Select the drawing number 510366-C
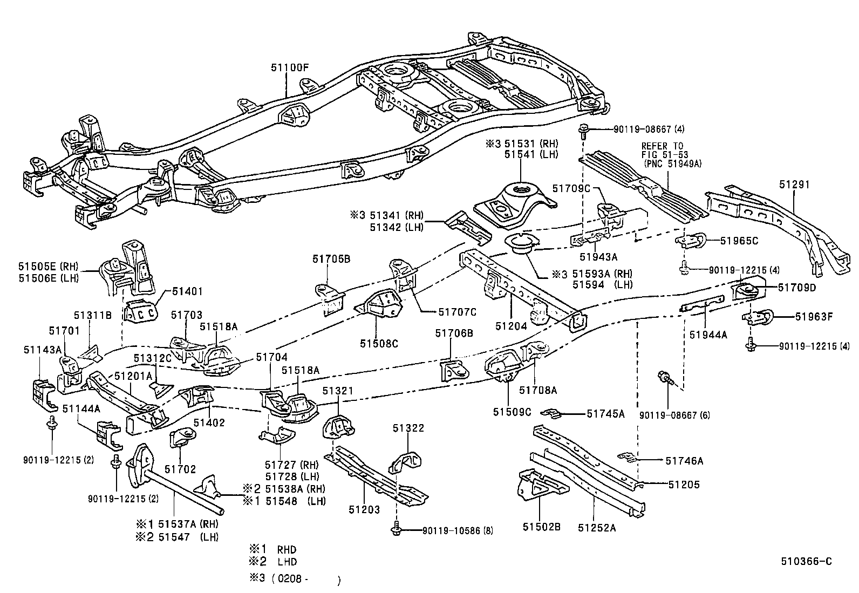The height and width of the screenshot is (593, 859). (806, 562)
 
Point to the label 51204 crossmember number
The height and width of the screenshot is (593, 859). (512, 326)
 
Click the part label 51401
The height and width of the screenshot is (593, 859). (187, 291)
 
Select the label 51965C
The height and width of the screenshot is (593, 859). (739, 241)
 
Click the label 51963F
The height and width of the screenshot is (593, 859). (814, 317)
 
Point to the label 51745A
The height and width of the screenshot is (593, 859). (605, 414)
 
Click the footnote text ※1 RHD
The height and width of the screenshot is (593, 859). (272, 550)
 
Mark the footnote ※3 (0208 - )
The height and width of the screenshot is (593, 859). (294, 580)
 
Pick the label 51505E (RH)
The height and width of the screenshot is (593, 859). (48, 265)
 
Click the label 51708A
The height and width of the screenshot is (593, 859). (537, 390)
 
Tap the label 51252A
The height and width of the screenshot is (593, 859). (597, 527)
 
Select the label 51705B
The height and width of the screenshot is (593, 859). (331, 259)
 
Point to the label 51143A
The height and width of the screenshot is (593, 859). (42, 350)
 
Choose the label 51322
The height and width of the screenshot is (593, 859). (408, 428)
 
